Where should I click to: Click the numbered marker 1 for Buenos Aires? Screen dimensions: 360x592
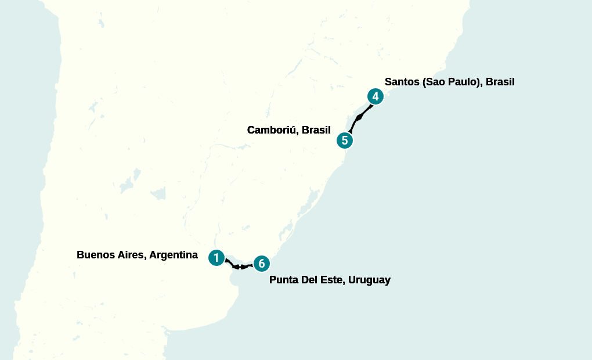click(x=216, y=257)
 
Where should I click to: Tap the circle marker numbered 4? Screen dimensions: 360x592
click(x=376, y=96)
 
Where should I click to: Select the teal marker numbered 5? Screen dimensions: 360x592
click(x=345, y=140)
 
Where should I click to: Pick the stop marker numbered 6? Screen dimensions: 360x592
click(x=262, y=263)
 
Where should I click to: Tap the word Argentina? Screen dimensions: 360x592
click(x=172, y=255)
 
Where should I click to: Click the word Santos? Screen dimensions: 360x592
click(x=402, y=82)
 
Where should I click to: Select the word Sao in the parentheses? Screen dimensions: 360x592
click(x=435, y=82)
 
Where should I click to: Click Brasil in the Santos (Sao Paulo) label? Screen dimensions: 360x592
click(x=500, y=82)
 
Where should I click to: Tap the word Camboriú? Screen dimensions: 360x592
click(x=272, y=130)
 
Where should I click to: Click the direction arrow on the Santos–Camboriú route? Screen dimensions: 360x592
click(x=359, y=118)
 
